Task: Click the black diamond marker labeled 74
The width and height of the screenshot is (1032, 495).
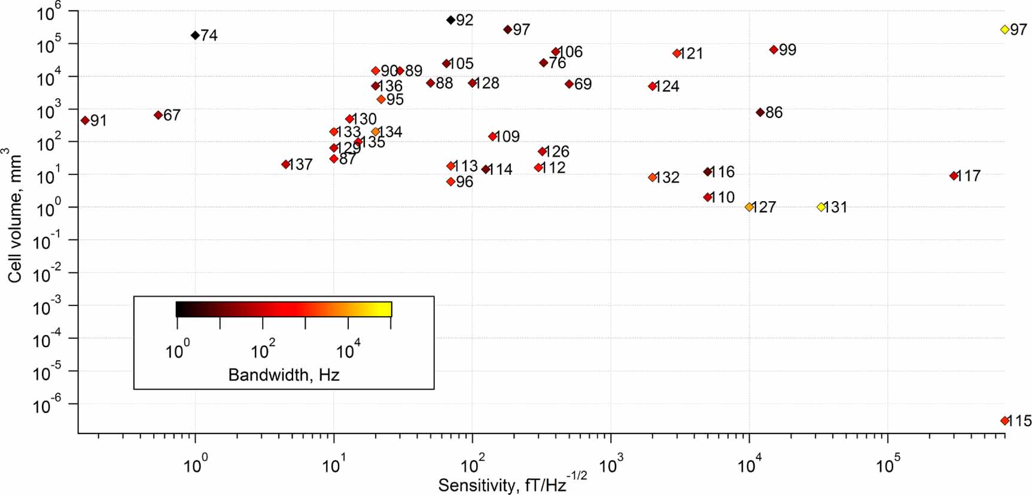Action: point(195,35)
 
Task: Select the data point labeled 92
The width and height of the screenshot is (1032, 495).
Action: point(450,20)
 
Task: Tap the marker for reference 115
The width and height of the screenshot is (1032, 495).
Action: point(1004,421)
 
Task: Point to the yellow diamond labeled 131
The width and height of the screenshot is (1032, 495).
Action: point(821,207)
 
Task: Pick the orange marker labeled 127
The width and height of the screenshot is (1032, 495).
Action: point(749,207)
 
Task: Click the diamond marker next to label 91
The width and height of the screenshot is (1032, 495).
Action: point(85,120)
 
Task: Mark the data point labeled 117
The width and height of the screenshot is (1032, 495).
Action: point(954,176)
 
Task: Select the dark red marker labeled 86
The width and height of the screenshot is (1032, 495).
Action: point(760,113)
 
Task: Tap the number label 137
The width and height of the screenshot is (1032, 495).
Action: point(300,165)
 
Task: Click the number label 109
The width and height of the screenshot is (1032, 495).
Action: point(507,136)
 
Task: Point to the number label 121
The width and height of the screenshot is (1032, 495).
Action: point(691,54)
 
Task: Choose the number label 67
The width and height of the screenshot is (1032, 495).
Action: point(172,115)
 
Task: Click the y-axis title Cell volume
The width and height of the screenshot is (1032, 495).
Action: point(15,215)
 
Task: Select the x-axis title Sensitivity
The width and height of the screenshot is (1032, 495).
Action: point(512,483)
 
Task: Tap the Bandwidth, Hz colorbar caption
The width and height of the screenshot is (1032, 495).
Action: point(284,375)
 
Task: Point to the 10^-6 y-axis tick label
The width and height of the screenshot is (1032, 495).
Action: point(47,405)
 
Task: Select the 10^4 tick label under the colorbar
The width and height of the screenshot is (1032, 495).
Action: point(348,350)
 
